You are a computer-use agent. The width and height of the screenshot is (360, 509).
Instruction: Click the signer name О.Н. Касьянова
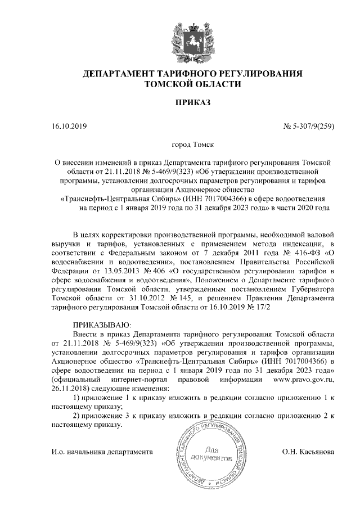pos(308,451)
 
